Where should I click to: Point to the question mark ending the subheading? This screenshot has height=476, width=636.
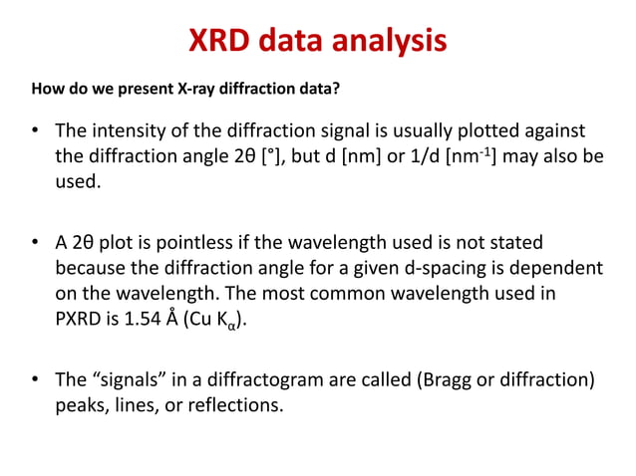click(x=337, y=91)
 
